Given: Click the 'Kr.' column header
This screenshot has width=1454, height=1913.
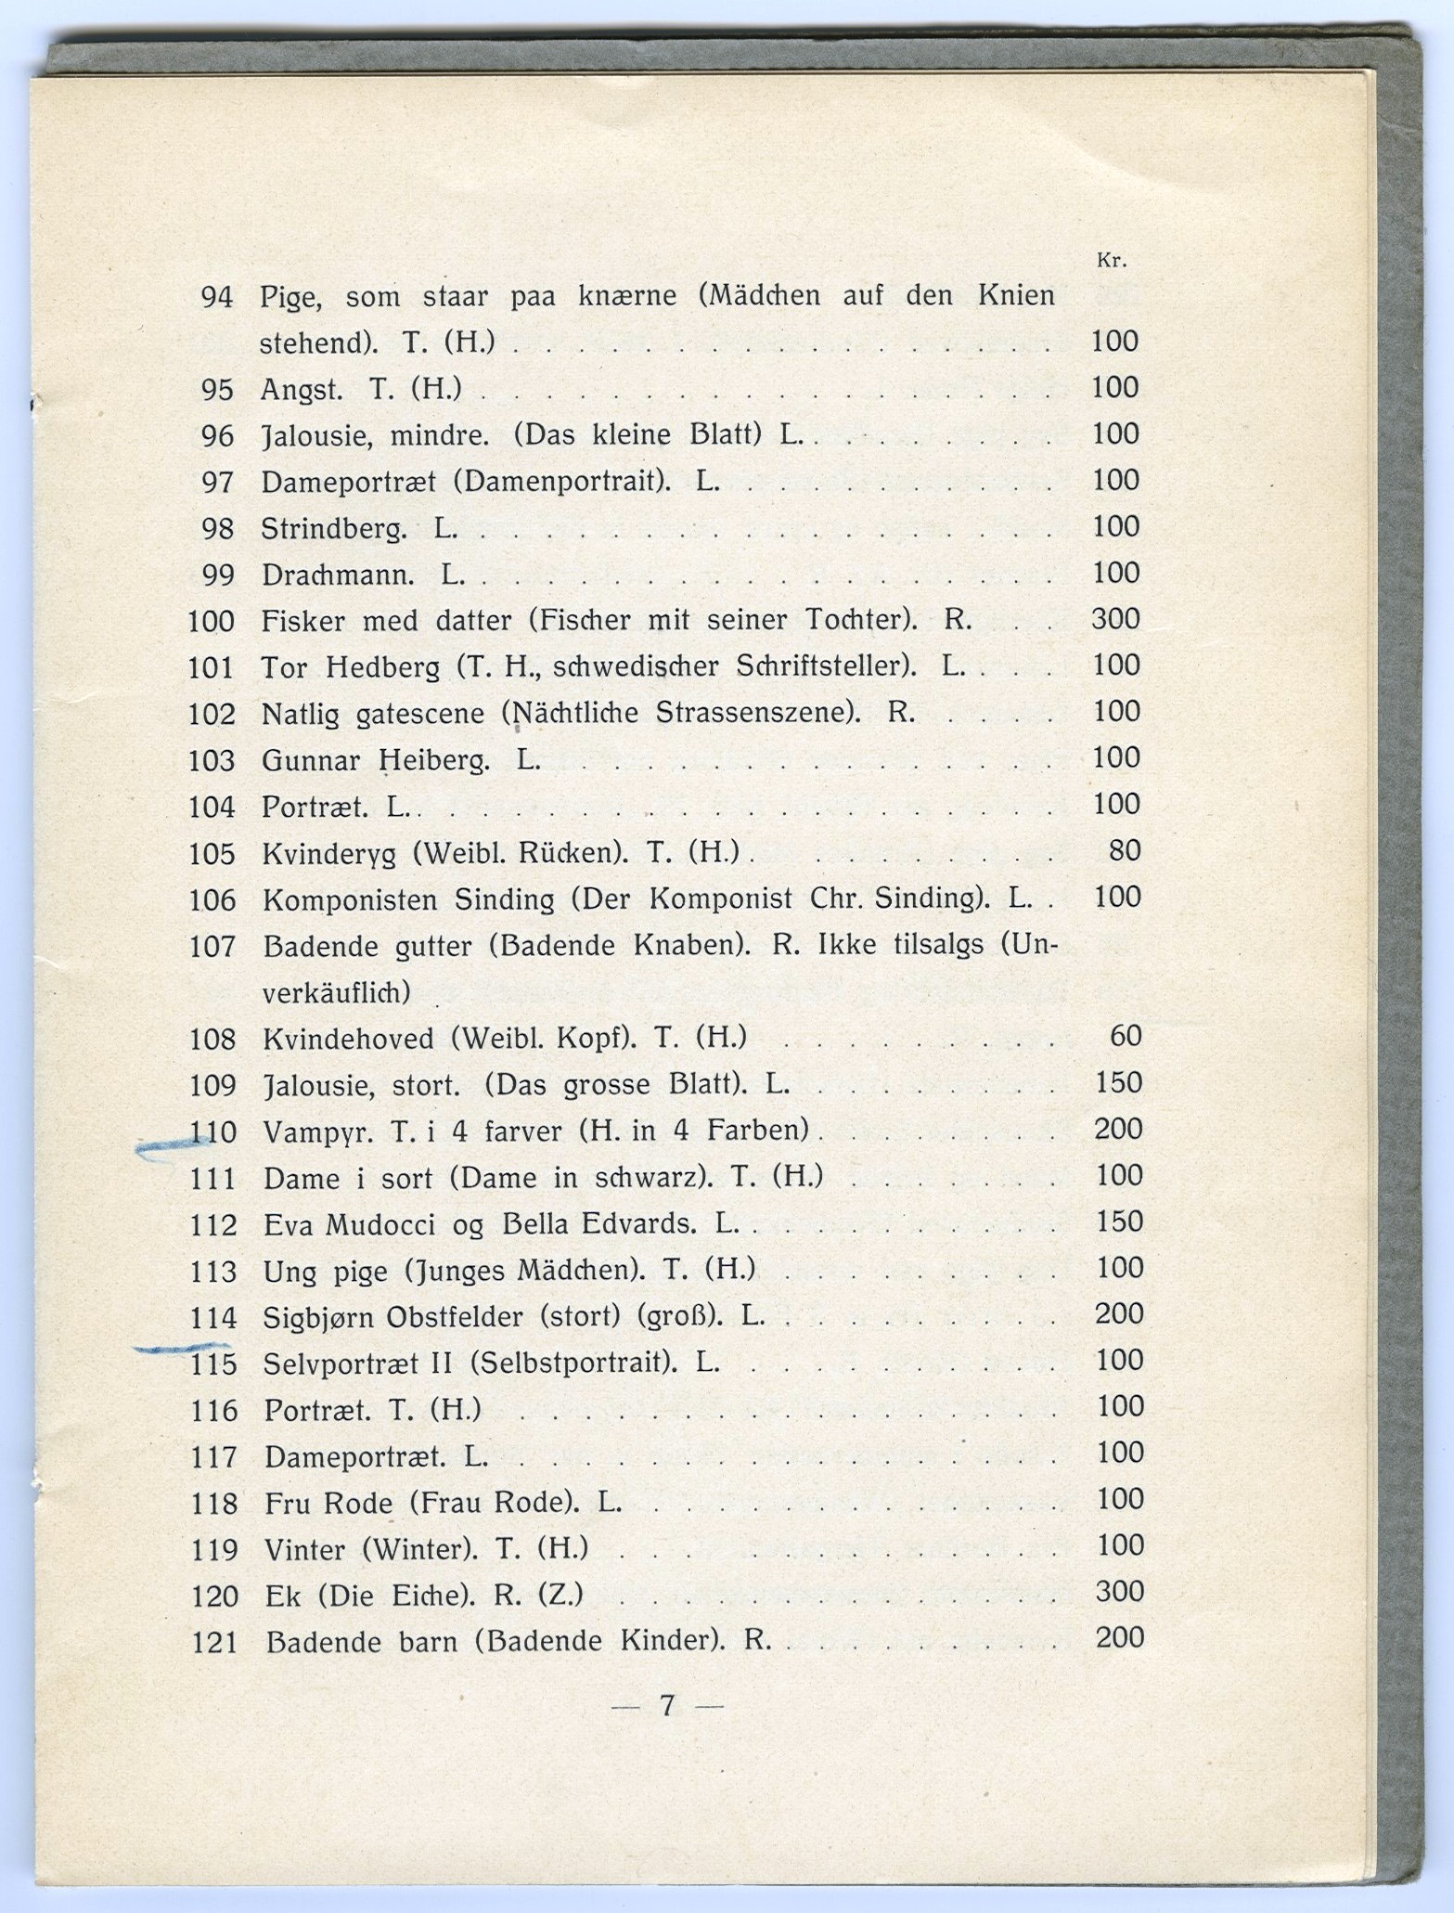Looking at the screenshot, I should click(1112, 261).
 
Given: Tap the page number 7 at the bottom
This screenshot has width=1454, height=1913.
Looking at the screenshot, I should click(666, 1705).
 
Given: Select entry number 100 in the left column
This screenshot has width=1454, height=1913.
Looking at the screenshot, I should click(212, 620).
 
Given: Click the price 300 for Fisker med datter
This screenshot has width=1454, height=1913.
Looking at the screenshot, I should click(1114, 618).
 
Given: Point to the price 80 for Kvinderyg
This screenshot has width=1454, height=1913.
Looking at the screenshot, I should click(1125, 850).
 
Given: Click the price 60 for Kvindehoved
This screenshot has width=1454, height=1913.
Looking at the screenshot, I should click(1125, 1035).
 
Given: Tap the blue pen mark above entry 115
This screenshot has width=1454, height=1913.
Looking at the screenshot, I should click(181, 1347).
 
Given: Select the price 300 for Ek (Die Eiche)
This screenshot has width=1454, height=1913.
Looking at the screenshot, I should click(1119, 1591).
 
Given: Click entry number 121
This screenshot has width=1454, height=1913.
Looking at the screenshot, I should click(214, 1642).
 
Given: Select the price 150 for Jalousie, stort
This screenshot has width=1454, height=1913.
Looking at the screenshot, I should click(1119, 1082).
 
